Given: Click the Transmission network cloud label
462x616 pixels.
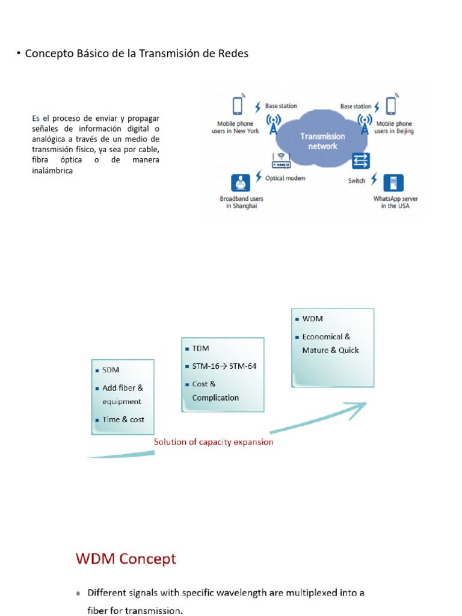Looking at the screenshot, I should pos(322,141).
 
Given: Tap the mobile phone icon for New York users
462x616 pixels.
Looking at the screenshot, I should pos(237,106).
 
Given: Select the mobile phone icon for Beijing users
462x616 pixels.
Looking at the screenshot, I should pos(392,106).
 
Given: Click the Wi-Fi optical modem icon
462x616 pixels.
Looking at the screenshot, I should pos(281,160).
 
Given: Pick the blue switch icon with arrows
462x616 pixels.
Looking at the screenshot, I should pos(361,160).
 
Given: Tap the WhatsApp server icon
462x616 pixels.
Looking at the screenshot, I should pos(394,183).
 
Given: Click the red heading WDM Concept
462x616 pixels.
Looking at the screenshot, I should pos(126,559).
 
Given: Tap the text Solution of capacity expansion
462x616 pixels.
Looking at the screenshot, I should pos(214,442).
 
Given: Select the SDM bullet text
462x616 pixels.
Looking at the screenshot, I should pos(111,371).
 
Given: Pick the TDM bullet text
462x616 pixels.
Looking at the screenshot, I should pos(200,348).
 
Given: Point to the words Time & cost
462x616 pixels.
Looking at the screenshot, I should pos(123,420).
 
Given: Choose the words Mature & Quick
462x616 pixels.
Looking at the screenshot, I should pos(330,350).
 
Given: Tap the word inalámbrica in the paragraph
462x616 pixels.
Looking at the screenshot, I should pos(52,171).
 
